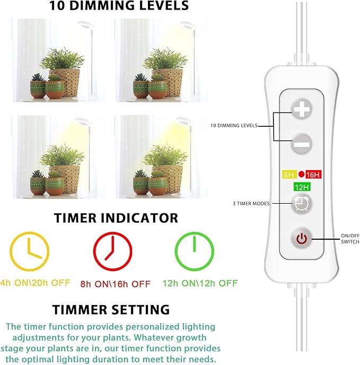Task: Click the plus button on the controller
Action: coord(301,109)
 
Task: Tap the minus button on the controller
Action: coord(301,143)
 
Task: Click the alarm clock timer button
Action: coord(301,204)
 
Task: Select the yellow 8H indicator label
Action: coord(288,174)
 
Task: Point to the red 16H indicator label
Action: coord(313,174)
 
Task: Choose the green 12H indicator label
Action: coord(301,187)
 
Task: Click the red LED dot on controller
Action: coord(301,174)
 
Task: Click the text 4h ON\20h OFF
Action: coord(35,283)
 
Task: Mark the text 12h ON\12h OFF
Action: coord(200,283)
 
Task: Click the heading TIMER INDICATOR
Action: coord(116,218)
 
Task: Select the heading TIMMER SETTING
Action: coord(111,309)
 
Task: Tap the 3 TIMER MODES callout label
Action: coord(251,204)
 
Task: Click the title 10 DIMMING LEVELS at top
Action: coord(119,6)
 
